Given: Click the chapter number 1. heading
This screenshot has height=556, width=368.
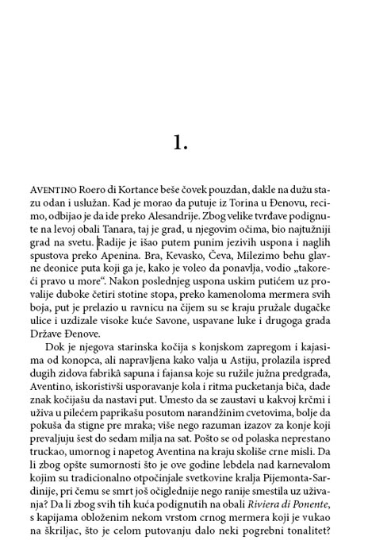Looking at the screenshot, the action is click(180, 142).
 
